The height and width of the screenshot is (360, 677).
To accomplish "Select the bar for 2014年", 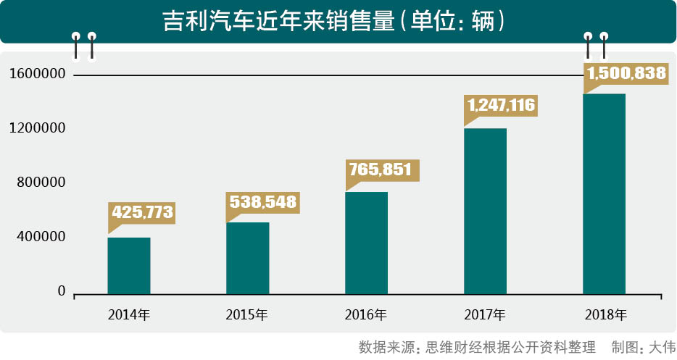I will [129, 265].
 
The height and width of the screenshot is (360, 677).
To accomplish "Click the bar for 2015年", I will [248, 258].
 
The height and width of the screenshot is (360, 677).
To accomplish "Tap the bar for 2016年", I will [367, 243].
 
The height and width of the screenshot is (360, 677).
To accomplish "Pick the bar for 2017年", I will [486, 211].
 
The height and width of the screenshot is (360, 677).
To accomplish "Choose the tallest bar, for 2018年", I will [605, 193].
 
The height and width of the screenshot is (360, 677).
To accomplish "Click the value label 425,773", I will [142, 213].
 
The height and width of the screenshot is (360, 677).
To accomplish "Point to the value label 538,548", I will [263, 202].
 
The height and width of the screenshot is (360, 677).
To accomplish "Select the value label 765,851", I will [381, 170].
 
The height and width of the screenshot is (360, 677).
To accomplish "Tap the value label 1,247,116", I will [502, 106].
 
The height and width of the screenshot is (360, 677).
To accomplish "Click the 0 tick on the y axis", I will [62, 291].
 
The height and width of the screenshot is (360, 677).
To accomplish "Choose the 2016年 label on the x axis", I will [366, 315].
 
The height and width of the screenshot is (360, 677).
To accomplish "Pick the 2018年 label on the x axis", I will [605, 315].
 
